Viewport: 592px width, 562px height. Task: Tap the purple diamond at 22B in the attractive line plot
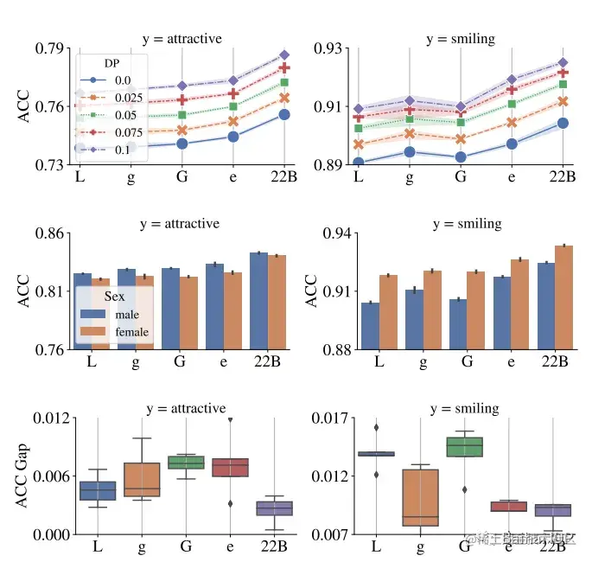pos(284,55)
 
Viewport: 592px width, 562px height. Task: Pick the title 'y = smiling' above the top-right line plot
pos(461,39)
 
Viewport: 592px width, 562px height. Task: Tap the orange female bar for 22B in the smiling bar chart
pos(564,297)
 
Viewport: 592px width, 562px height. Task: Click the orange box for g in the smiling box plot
pos(420,497)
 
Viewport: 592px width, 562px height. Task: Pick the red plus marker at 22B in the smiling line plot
pos(563,73)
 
